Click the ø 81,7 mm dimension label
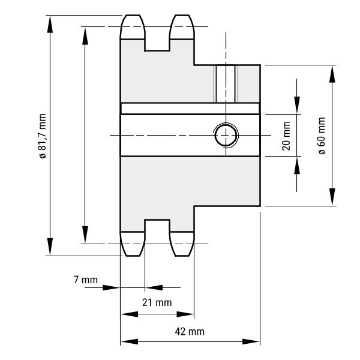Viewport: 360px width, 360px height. pos(43,136)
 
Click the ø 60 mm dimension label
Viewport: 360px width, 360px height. pos(322,136)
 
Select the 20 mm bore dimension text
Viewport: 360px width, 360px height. pos(286,136)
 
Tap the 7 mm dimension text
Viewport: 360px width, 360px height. pos(86,280)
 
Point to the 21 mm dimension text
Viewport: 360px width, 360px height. pos(157,302)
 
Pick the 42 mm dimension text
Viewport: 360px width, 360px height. pos(190,332)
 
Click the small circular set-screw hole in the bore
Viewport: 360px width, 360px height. pos(226,135)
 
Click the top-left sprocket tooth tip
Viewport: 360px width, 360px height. pos(133,16)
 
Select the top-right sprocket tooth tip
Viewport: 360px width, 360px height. pos(182,16)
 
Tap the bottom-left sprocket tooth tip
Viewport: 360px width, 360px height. pos(133,256)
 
